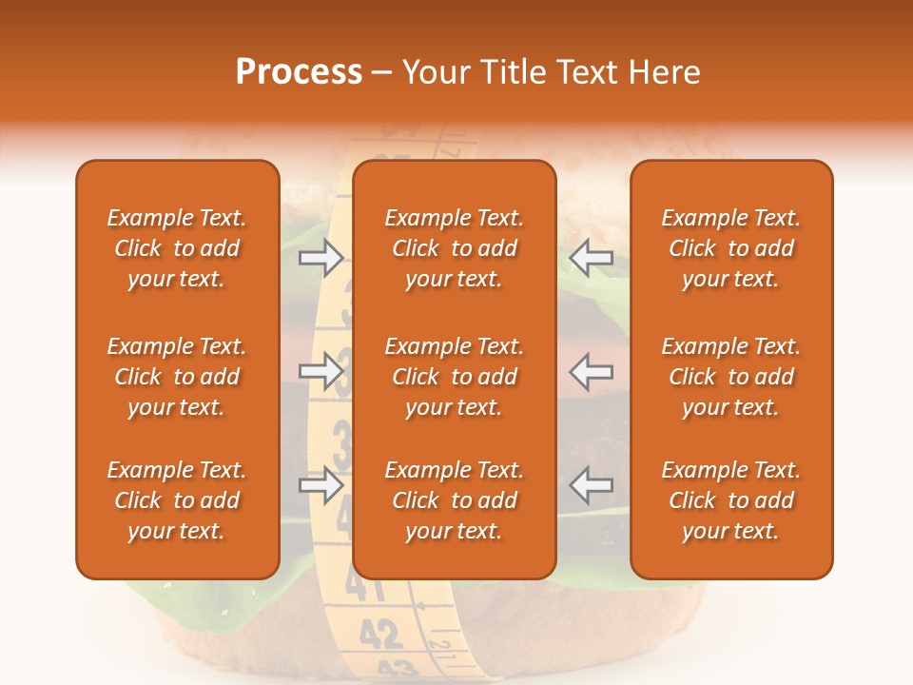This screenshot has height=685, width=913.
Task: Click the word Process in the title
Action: [x=299, y=72]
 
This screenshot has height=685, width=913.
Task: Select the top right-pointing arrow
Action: [x=321, y=258]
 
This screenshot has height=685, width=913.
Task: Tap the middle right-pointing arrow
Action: [x=321, y=371]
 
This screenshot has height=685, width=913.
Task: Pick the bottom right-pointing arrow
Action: [x=321, y=485]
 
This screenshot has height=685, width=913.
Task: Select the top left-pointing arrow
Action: [x=591, y=258]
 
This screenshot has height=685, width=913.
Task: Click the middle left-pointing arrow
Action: [x=591, y=371]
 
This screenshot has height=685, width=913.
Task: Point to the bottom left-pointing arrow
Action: [x=591, y=485]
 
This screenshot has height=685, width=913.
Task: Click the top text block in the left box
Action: [x=177, y=248]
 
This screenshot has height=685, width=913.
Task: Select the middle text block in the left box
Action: [x=177, y=377]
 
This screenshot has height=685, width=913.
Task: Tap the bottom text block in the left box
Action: [x=177, y=500]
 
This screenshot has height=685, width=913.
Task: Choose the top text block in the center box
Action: [x=454, y=248]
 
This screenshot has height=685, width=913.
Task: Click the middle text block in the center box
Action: [x=454, y=377]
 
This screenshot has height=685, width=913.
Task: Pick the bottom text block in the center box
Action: [x=454, y=500]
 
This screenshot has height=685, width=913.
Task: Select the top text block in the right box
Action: [x=730, y=248]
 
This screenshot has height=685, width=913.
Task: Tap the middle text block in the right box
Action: [x=730, y=377]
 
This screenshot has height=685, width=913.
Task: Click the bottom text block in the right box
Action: [x=730, y=500]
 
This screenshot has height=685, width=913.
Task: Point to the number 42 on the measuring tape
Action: [x=381, y=632]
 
